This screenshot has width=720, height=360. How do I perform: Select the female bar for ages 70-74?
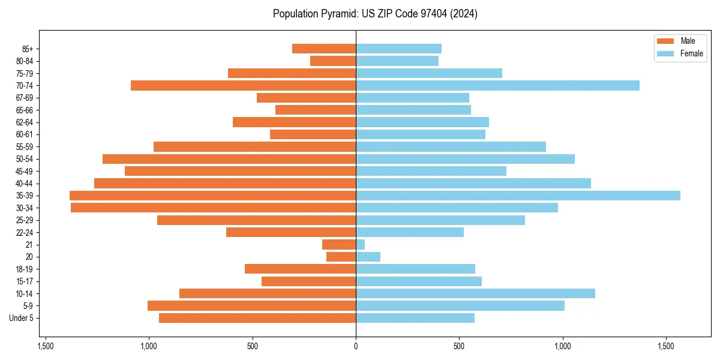(x=497, y=85)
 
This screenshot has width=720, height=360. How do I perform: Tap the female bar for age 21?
(x=361, y=244)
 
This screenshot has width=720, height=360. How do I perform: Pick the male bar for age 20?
(x=341, y=257)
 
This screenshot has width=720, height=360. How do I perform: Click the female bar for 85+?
(x=398, y=49)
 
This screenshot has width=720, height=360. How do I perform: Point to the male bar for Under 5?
(x=257, y=318)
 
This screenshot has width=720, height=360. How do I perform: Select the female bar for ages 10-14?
(x=475, y=293)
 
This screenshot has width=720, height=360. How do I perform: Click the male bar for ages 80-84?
(x=333, y=61)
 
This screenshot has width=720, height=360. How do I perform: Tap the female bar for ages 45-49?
(x=431, y=171)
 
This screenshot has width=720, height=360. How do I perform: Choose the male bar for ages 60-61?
(x=313, y=134)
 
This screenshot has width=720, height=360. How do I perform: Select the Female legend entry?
(x=680, y=53)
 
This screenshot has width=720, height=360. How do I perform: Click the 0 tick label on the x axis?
(x=356, y=346)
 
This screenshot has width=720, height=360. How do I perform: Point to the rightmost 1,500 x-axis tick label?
(x=666, y=346)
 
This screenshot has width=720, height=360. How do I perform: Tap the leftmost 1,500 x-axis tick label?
(x=46, y=346)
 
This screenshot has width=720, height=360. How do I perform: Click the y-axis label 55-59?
(x=24, y=146)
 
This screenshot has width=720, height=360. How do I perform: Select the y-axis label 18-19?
(x=24, y=269)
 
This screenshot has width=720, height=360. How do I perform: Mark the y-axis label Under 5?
(x=21, y=318)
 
